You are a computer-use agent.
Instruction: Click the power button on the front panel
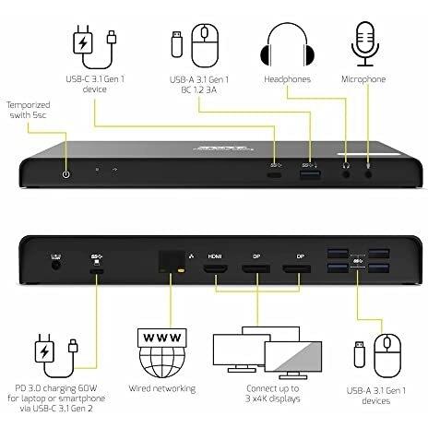[66, 174]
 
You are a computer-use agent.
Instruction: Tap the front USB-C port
[274, 175]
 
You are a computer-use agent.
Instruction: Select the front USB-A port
[310, 174]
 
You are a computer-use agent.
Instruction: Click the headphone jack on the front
[346, 174]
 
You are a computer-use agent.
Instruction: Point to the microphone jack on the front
[368, 174]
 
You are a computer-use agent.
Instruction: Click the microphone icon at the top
[365, 44]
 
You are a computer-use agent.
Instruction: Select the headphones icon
[288, 44]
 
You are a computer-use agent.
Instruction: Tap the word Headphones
[288, 79]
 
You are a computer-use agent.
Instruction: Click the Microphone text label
[363, 79]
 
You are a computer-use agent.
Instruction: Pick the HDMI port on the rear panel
[215, 269]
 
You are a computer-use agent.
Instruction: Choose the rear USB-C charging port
[97, 272]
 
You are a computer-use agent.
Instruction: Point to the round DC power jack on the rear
[55, 266]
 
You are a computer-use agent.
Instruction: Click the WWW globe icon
[162, 353]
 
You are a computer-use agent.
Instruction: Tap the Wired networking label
[162, 388]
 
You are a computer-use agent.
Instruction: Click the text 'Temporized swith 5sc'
[29, 110]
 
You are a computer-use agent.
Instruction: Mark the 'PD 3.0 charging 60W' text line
[56, 388]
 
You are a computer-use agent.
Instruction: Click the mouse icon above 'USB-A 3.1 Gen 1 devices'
[387, 355]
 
